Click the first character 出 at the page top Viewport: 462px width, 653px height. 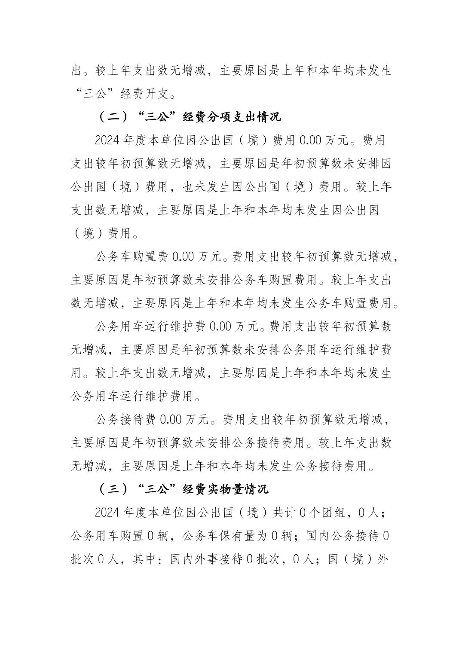[76, 70]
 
